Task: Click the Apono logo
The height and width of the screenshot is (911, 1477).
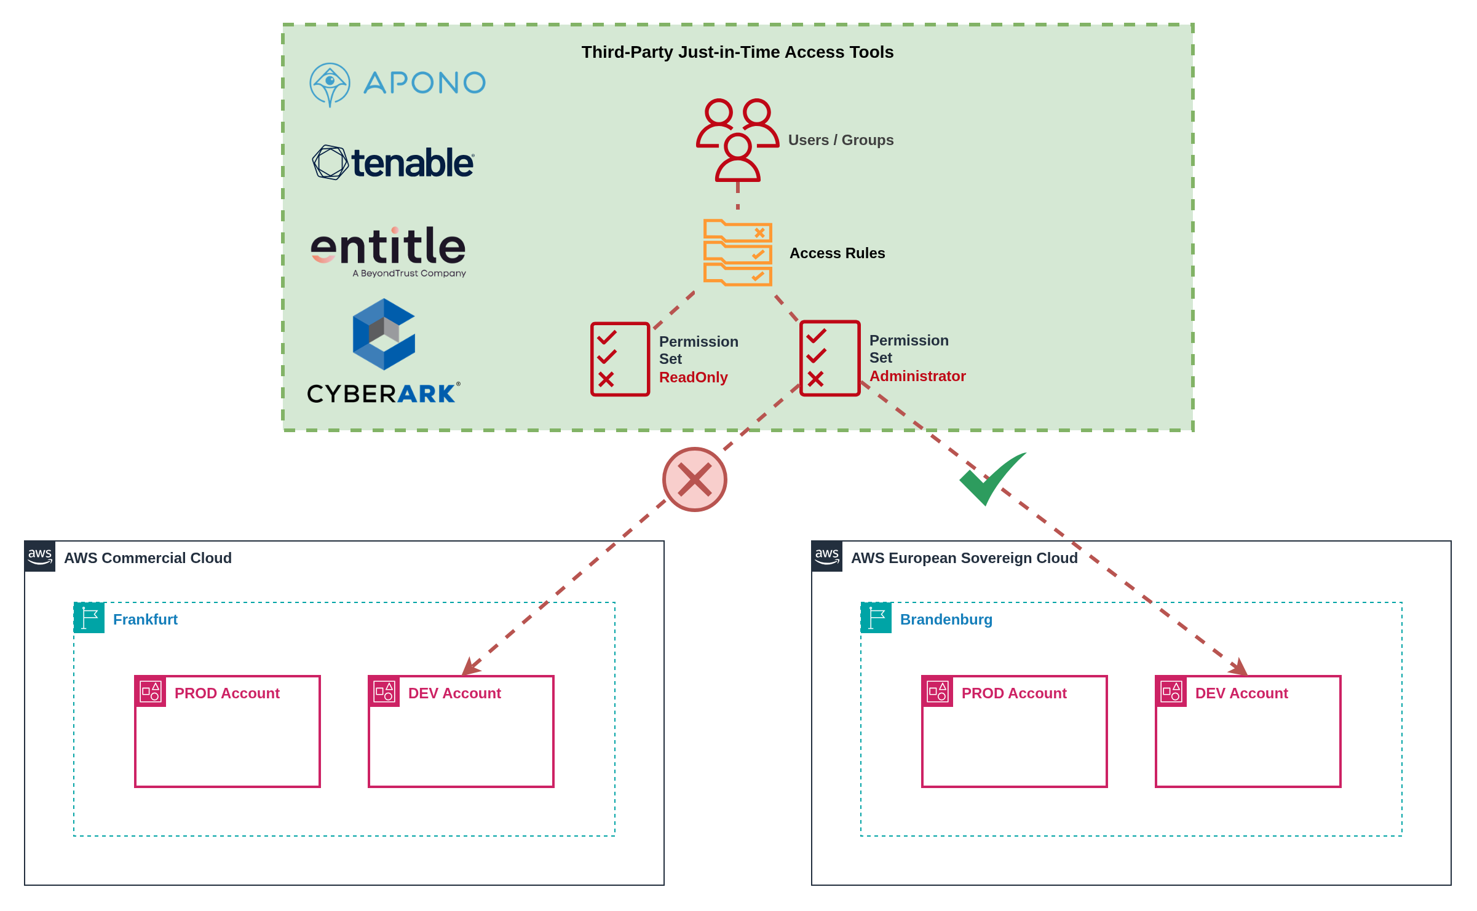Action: (397, 84)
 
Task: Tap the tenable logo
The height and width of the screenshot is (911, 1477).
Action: (393, 163)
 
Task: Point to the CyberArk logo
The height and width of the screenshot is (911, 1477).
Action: (384, 351)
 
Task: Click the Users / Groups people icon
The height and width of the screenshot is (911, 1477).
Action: (737, 140)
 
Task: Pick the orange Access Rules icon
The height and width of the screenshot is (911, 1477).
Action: (737, 253)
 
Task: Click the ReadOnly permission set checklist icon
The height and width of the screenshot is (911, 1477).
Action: (620, 359)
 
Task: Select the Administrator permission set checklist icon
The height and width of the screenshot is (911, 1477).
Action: (830, 358)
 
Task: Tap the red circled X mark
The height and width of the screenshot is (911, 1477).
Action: (695, 479)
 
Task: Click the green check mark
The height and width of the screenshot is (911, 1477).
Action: (991, 479)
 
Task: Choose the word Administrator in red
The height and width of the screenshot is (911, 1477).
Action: (917, 376)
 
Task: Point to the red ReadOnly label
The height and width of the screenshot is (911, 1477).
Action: (693, 377)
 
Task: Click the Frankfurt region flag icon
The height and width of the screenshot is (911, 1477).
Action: (89, 618)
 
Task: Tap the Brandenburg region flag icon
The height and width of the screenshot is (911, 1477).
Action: (876, 618)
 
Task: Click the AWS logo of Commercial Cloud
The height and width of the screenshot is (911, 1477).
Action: (40, 556)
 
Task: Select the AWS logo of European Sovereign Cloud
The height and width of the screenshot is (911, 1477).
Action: (827, 556)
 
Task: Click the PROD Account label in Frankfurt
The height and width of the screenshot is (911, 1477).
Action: (227, 693)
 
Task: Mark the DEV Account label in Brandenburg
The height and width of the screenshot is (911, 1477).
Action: (1241, 693)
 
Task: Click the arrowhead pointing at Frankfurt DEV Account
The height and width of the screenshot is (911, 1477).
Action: (470, 668)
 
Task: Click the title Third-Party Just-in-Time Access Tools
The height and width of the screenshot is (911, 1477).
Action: (737, 52)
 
